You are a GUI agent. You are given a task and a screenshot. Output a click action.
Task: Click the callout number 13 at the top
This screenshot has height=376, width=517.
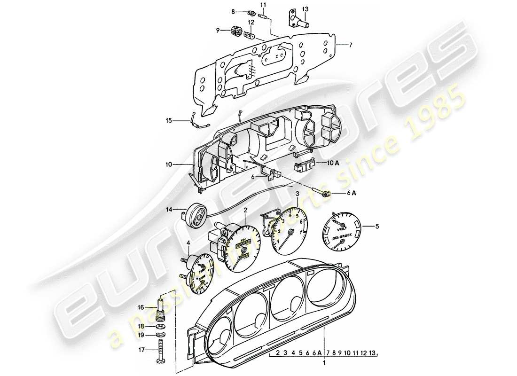(305, 9)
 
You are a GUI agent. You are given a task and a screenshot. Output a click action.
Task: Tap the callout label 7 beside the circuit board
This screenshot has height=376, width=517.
(350, 45)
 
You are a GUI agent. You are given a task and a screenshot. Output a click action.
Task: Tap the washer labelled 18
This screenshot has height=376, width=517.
(161, 325)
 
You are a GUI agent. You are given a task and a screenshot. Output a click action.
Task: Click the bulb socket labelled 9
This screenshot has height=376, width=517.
(235, 31)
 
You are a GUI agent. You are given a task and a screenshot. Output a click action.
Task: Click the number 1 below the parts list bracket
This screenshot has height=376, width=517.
(324, 363)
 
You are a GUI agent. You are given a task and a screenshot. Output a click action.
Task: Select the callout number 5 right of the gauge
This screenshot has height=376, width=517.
(376, 227)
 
